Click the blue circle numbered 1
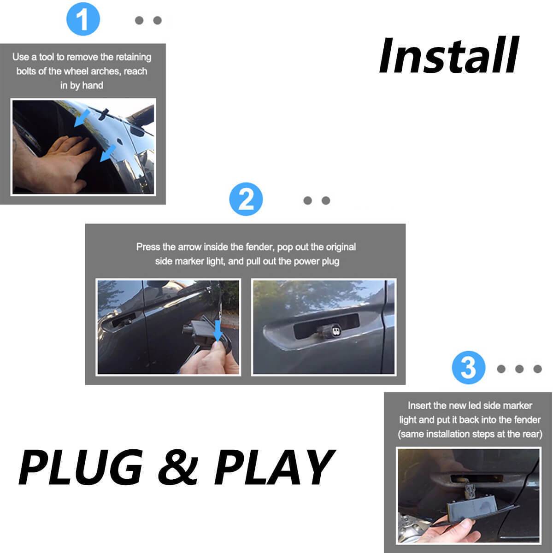pos(83,19)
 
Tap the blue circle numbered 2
pos(246,199)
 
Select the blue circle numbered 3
pos(468,367)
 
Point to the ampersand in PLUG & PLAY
pos(178,467)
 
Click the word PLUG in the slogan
pos(81,467)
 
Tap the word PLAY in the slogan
pos(275,467)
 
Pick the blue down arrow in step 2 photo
pos(218,330)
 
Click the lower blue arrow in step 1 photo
pos(108,153)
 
